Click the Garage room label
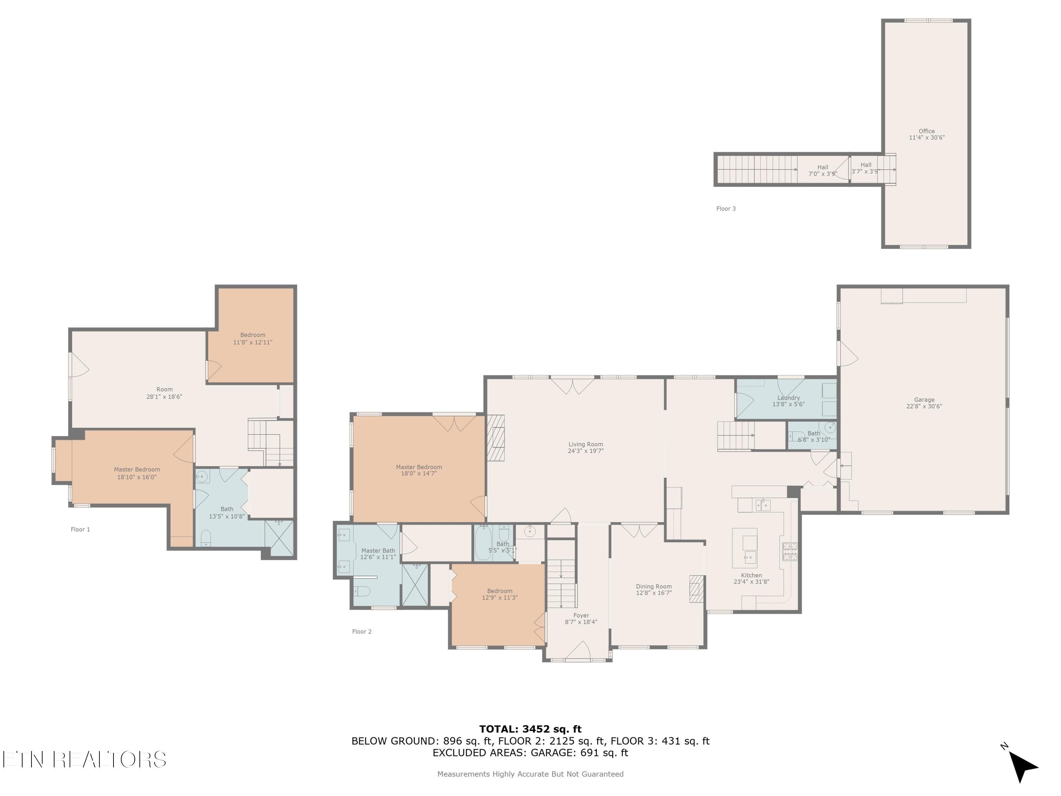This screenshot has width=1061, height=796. [x=924, y=400]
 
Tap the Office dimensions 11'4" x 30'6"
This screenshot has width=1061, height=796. [x=927, y=138]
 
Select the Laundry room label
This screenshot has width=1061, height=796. [x=789, y=398]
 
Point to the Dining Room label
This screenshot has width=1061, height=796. [x=654, y=586]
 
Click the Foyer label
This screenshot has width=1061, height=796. [x=581, y=616]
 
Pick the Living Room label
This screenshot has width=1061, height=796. [x=586, y=444]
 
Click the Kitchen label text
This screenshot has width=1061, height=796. [x=751, y=575]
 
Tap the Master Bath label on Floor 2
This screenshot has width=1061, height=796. [x=378, y=551]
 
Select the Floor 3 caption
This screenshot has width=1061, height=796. [x=726, y=209]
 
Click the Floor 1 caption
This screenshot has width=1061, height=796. [x=80, y=529]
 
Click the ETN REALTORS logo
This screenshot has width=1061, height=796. [x=85, y=760]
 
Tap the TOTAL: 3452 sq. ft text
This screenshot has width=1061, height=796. [x=530, y=729]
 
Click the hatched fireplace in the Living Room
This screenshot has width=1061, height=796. [x=495, y=438]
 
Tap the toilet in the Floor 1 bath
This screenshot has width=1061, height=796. [x=205, y=538]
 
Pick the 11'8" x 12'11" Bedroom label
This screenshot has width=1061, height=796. [x=253, y=339]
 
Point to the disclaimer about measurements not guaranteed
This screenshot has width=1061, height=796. [x=530, y=774]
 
